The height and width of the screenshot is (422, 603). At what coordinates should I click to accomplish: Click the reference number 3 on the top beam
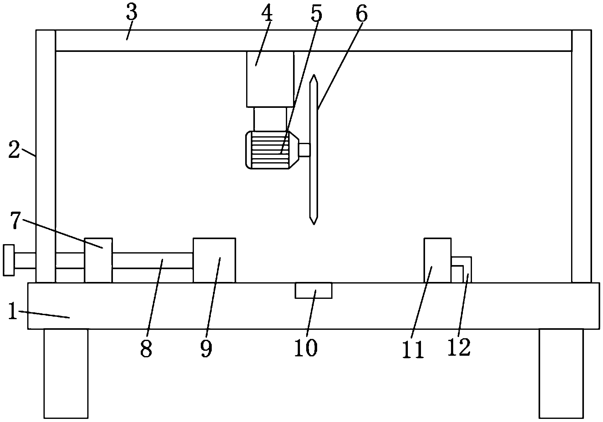(x=132, y=13)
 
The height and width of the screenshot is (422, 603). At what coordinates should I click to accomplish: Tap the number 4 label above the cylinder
(x=267, y=13)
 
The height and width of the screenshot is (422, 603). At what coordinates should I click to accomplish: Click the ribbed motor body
(x=269, y=150)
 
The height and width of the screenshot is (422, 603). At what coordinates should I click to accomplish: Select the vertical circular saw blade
(x=314, y=150)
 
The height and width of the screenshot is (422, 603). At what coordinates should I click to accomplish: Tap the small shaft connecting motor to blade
(x=305, y=150)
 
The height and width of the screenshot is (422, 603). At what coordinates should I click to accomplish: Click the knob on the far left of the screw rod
(x=8, y=260)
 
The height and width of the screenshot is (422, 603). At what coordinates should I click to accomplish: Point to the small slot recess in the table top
(x=313, y=290)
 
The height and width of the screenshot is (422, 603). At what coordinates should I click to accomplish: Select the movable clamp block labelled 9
(x=214, y=260)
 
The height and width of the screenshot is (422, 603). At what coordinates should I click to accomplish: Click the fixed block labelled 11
(x=437, y=260)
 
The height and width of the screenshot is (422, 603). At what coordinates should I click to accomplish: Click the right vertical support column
(x=581, y=156)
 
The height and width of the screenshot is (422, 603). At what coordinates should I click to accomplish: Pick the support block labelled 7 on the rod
(x=98, y=260)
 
